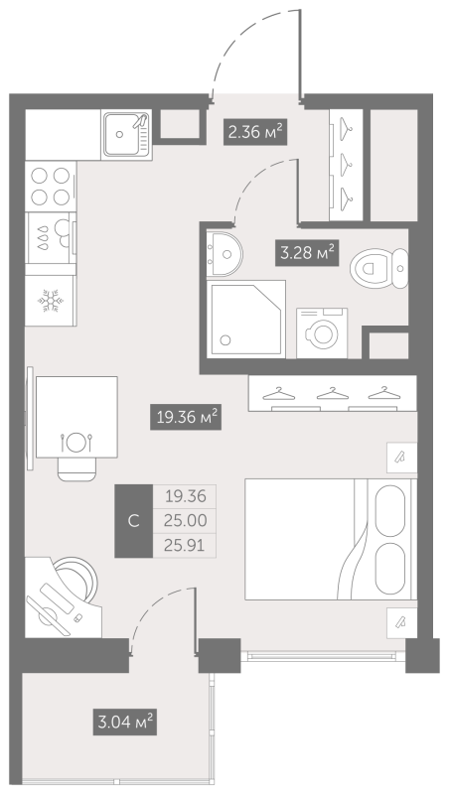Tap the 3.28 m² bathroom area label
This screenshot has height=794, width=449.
tap(307, 252)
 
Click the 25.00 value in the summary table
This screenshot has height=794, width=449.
tap(185, 520)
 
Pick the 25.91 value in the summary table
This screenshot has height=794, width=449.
tap(185, 545)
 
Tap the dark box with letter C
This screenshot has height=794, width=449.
tap(134, 521)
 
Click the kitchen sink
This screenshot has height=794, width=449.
tap(127, 134)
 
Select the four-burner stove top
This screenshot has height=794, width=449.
tap(51, 186)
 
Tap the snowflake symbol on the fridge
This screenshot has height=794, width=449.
tap(51, 301)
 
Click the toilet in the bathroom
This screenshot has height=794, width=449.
tap(378, 268)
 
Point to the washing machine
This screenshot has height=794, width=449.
tap(322, 332)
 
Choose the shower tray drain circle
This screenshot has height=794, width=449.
tap(226, 339)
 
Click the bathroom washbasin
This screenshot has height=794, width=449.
tap(224, 254)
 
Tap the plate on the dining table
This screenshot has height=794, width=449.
tap(76, 442)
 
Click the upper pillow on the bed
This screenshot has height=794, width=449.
tap(390, 509)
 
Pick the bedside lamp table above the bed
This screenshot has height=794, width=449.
tap(402, 458)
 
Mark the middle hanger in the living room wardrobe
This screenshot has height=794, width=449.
tap(332, 393)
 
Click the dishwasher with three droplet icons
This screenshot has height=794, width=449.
tap(51, 238)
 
